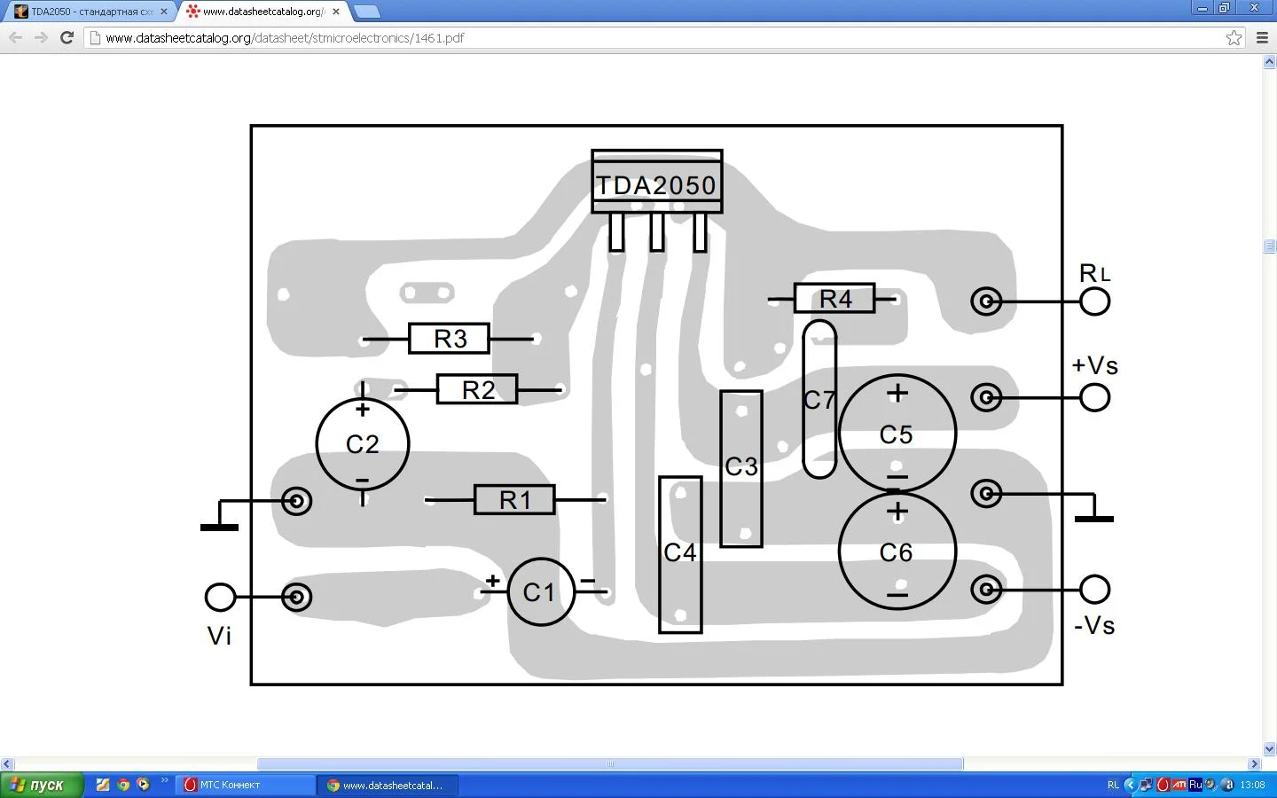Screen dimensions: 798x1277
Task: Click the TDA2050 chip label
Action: coord(656,184)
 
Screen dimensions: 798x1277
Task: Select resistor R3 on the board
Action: coord(449,339)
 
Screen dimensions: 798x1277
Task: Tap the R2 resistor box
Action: coord(477,389)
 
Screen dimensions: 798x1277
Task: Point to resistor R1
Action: coord(514,500)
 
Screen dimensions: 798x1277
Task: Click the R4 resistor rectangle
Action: coord(834,299)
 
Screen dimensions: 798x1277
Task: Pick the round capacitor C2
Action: coord(363,443)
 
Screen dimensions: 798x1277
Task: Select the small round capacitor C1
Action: coord(540,592)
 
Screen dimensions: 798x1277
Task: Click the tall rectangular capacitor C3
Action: coord(741,468)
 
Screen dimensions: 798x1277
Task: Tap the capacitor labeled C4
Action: coord(680,554)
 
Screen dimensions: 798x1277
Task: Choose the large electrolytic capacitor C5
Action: coord(897,434)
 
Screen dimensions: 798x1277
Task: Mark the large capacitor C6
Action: coord(897,552)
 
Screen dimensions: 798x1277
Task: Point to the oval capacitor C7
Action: coord(819,400)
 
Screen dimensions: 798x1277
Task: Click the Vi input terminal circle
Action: coord(220,597)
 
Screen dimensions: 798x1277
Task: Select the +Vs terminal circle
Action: coord(1095,397)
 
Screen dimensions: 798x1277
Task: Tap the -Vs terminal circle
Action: coord(1095,589)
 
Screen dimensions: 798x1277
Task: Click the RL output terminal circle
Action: coord(1095,301)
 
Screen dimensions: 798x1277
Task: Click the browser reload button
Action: coord(67,37)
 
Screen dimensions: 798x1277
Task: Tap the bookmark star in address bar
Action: coord(1234,37)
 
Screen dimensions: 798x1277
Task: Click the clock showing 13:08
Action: coord(1252,785)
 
